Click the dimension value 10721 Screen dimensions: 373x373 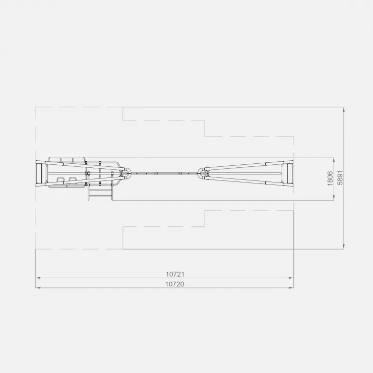pyautogui.click(x=175, y=274)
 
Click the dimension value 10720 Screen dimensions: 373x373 pyautogui.click(x=175, y=284)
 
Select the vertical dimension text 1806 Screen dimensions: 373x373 pyautogui.click(x=330, y=178)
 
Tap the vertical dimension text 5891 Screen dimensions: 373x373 pyautogui.click(x=340, y=177)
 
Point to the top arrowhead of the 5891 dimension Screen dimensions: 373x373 pyautogui.click(x=344, y=109)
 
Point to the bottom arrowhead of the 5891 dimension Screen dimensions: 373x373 pyautogui.click(x=344, y=246)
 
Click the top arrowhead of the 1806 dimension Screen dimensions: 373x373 pyautogui.click(x=334, y=159)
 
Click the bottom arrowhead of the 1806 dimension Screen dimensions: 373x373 pyautogui.click(x=334, y=198)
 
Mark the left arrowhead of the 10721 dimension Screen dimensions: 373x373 pyautogui.click(x=38, y=278)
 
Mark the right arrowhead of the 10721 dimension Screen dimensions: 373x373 pyautogui.click(x=291, y=278)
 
